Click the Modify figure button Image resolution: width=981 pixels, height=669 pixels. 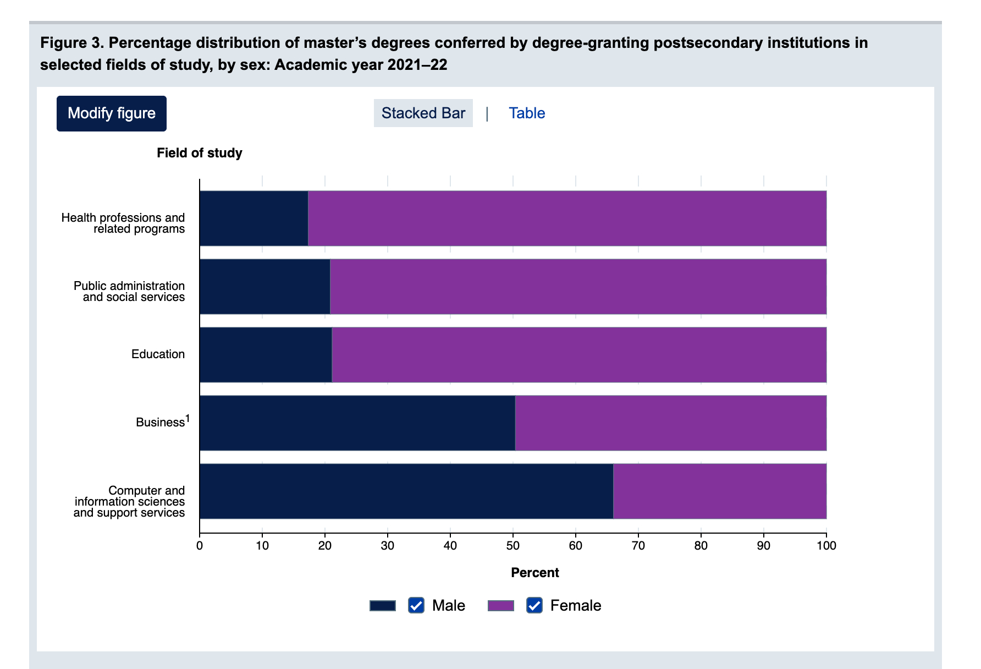[112, 113]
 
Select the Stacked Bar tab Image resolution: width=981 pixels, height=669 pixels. [423, 113]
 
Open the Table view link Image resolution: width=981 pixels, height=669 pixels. [527, 113]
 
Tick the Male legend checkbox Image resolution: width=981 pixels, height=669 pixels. [416, 605]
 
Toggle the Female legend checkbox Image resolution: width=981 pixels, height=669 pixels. [534, 605]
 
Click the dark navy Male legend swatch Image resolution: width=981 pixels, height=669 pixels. [383, 605]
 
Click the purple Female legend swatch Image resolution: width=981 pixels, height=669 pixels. [501, 605]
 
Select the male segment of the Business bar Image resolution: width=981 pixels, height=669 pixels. [357, 423]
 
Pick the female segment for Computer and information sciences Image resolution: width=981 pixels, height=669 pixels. [719, 491]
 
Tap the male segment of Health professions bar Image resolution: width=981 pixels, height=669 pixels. [253, 218]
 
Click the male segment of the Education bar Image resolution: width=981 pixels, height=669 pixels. [266, 355]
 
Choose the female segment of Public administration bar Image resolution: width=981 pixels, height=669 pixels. [578, 287]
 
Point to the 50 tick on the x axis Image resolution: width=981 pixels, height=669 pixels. [513, 545]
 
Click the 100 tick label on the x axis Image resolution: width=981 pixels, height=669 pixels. [826, 545]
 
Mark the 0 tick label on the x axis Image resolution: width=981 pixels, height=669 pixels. [200, 545]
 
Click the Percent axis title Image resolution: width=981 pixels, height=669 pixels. [534, 573]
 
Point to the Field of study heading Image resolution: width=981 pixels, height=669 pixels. [199, 153]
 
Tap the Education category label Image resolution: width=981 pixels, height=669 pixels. [158, 354]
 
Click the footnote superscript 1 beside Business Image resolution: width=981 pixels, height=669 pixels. [188, 419]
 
